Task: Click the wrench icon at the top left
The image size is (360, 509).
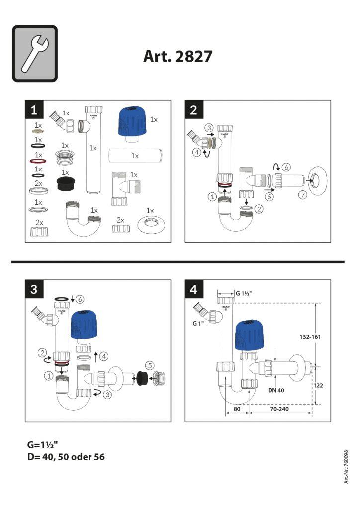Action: [35, 54]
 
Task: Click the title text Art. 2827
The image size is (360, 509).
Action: [178, 56]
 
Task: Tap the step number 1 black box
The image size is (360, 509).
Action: [34, 109]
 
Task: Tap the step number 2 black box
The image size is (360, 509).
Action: [193, 109]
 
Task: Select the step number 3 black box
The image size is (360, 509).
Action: [34, 288]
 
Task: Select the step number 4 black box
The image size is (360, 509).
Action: [193, 288]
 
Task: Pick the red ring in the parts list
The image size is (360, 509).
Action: [38, 162]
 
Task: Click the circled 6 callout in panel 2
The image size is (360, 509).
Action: [287, 167]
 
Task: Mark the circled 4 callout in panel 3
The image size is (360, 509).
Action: [104, 356]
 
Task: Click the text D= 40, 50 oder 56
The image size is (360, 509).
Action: [66, 456]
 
